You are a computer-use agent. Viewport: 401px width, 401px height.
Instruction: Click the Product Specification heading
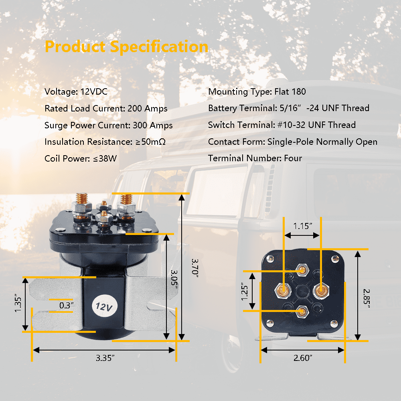click(126, 47)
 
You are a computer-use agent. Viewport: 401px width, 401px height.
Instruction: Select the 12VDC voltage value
click(94, 91)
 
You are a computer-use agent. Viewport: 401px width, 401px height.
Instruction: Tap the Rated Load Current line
click(106, 108)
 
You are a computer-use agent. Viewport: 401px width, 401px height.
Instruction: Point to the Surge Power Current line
click(108, 125)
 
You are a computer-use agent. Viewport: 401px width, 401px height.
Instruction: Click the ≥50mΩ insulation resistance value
click(150, 142)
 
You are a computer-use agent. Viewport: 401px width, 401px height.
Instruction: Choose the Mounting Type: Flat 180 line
click(257, 91)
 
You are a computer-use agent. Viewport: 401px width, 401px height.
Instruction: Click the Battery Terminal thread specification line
click(288, 108)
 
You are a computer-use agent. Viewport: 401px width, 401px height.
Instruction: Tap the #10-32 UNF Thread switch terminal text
click(316, 125)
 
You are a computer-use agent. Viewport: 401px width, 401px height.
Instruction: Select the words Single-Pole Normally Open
click(322, 142)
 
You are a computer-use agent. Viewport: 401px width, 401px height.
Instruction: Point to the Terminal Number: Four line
click(255, 158)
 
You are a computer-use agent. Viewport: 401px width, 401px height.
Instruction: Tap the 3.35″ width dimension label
click(105, 358)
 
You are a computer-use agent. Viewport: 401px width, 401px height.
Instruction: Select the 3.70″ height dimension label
click(195, 268)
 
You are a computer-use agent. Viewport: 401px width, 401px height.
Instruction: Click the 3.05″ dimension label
click(174, 279)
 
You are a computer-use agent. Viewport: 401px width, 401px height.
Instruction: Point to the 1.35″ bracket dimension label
click(18, 303)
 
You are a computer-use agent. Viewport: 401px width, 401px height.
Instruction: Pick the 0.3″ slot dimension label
click(67, 305)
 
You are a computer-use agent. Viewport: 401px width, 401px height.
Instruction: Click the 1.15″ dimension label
click(302, 226)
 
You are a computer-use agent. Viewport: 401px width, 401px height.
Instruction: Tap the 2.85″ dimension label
click(367, 298)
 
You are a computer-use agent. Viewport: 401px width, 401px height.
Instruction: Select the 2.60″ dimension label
click(303, 358)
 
